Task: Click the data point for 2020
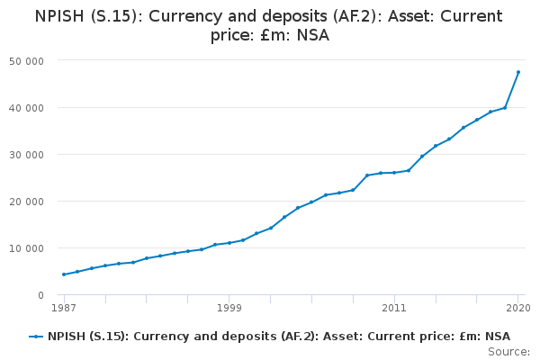(518, 72)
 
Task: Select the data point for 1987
(64, 274)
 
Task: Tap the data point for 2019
(505, 108)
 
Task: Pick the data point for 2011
(394, 173)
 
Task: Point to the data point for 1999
(229, 243)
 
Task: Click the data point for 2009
(367, 175)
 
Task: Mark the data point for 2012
(409, 170)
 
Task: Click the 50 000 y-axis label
(26, 62)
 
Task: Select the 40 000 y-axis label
(26, 108)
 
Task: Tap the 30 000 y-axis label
(26, 155)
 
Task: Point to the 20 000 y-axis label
(26, 202)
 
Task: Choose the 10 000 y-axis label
(26, 248)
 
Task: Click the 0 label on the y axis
(41, 295)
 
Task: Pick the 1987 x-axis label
(64, 308)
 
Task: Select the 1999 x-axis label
(229, 308)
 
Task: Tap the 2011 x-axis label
(394, 308)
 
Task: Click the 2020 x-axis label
(518, 308)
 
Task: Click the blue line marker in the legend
(36, 337)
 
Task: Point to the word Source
(508, 352)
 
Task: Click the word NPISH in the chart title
(59, 16)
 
